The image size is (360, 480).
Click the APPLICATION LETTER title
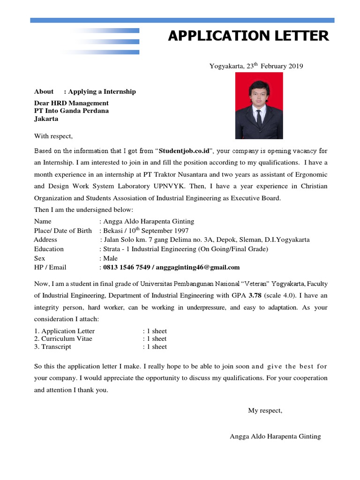coord(248,36)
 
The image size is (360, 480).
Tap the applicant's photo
coord(259,105)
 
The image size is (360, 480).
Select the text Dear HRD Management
coord(71,103)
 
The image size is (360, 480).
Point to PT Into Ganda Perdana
coord(71,111)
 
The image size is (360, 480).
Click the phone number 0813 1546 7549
coord(127,268)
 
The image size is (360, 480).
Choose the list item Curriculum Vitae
coord(66,338)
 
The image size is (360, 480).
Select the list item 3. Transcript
coord(52,347)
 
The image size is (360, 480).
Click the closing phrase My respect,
coord(265,411)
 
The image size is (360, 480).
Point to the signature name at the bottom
coord(275,436)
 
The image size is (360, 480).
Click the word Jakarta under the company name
coord(46,119)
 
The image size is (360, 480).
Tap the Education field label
coord(49,249)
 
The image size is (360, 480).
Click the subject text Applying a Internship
coord(102,91)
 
